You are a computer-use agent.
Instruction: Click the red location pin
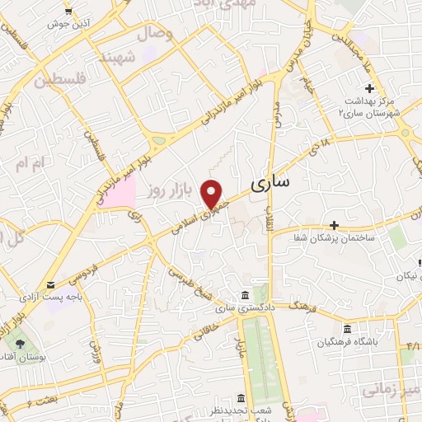(x=213, y=193)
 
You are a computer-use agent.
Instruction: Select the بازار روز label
(x=170, y=191)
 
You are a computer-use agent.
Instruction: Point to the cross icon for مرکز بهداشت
(x=368, y=88)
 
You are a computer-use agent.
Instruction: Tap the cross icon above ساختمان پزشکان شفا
(x=334, y=224)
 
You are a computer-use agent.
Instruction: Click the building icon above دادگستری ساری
(x=244, y=295)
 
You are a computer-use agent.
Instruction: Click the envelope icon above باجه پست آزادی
(x=51, y=285)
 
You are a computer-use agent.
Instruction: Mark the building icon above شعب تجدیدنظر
(x=240, y=396)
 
